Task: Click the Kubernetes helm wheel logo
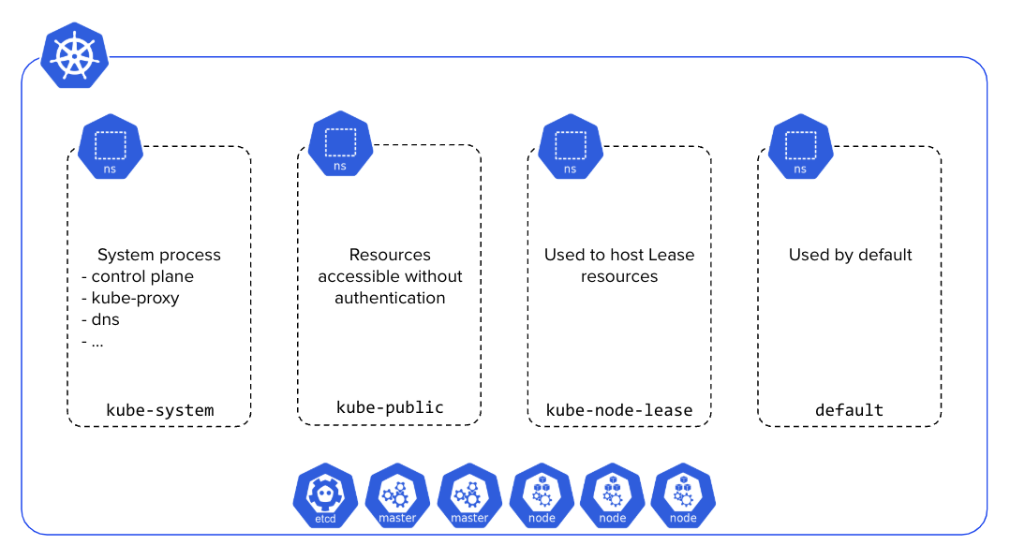[x=75, y=55]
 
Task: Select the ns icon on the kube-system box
[x=111, y=148]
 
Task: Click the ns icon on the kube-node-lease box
[x=570, y=148]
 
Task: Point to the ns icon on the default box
[x=800, y=148]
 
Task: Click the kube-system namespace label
[x=160, y=410]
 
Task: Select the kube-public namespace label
[x=390, y=407]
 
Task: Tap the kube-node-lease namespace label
[x=619, y=410]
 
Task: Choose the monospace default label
[x=849, y=410]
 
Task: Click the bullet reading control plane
[x=138, y=276]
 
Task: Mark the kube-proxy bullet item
[x=130, y=298]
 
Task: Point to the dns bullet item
[x=101, y=319]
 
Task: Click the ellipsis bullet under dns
[x=94, y=341]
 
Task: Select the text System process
[x=159, y=255]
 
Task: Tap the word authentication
[x=390, y=298]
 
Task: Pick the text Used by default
[x=850, y=255]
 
